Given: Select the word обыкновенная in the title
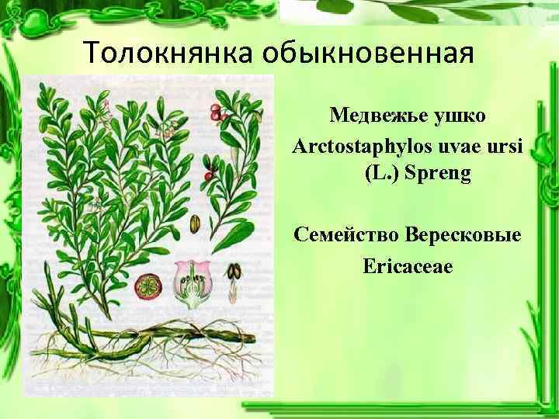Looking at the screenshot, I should (x=367, y=54).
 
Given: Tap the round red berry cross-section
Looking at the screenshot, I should (x=147, y=287).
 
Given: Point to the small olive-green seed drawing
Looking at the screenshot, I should (x=194, y=223).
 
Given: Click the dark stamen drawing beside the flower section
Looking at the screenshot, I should (x=232, y=274).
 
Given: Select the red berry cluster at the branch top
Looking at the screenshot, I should (x=220, y=115).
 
